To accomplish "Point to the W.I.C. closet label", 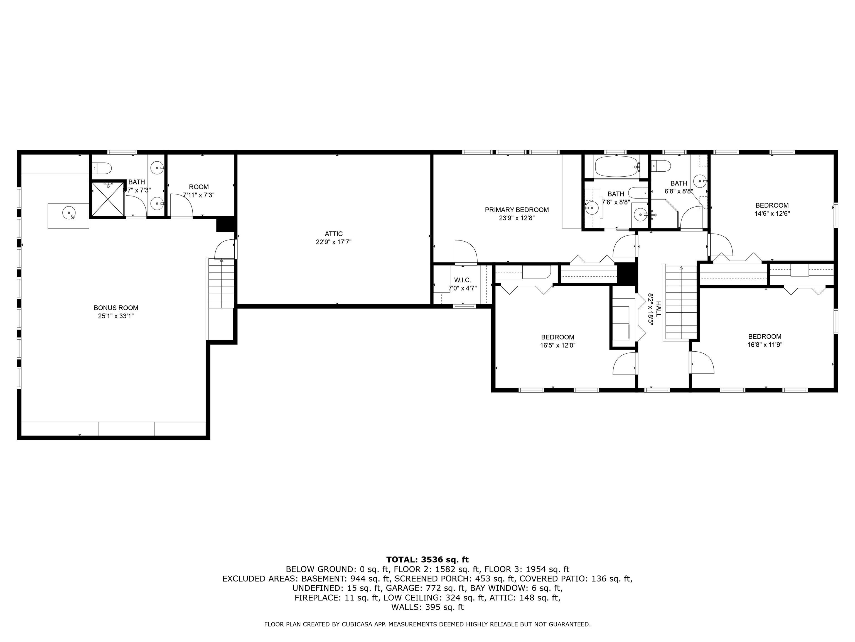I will tap(462, 280).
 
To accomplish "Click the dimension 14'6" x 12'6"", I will tap(772, 213).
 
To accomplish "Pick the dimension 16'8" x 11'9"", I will tap(765, 344).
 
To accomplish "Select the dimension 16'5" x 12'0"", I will tap(557, 345).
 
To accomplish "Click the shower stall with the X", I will tap(108, 199).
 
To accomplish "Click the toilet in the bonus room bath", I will tap(102, 168).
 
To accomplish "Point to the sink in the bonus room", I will tap(69, 213).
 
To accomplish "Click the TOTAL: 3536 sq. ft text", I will tap(427, 560).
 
